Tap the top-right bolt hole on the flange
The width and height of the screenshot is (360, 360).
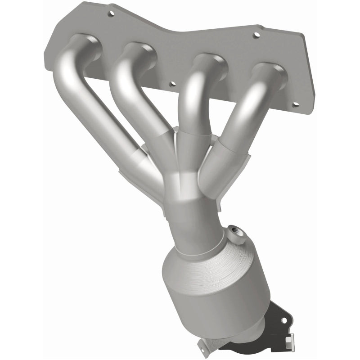(256, 35)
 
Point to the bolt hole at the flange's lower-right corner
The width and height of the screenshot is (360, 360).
(295, 104)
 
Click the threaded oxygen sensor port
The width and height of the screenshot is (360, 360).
(235, 232)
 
